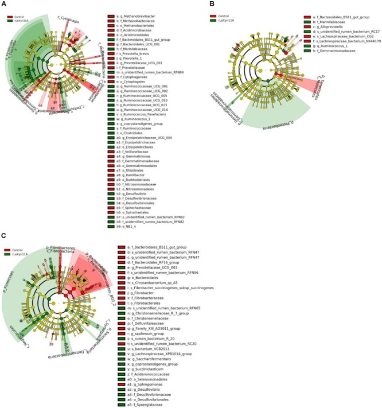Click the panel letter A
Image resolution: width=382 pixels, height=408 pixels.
coord(3,3)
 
